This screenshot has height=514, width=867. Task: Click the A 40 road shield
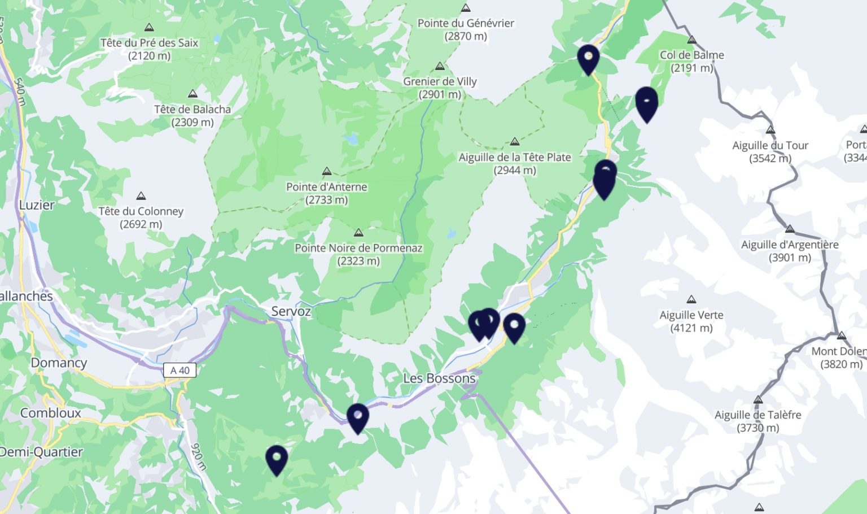pos(180,371)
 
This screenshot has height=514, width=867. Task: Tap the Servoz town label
pos(291,311)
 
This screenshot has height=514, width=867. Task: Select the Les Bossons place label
pos(439,378)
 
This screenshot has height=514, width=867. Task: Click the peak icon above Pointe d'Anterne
pos(327,171)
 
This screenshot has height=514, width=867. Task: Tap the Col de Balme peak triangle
pos(692,40)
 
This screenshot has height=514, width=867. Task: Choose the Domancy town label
pos(59,363)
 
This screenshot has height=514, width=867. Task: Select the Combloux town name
pos(51,413)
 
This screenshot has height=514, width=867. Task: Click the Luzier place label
pos(37,205)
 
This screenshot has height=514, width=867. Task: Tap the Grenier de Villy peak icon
pos(440,66)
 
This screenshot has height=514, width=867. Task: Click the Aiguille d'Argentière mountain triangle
pos(790,229)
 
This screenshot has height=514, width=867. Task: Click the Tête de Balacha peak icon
pos(193,94)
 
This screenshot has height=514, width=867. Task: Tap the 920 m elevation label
pos(198,457)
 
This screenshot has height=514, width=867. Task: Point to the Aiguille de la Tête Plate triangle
pos(515,142)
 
